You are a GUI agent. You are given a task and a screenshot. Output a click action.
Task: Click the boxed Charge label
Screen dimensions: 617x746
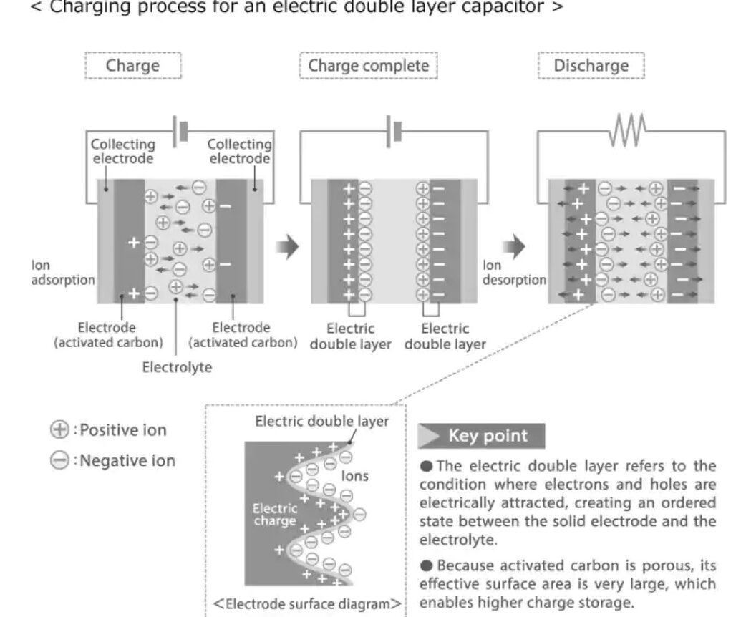pos(132,66)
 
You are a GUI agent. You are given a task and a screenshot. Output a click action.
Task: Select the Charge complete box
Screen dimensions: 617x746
pos(368,66)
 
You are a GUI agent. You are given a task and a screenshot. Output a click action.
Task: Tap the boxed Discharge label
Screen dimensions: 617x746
pos(591,66)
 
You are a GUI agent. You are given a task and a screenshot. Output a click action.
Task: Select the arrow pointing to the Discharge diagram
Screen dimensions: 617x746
pos(513,248)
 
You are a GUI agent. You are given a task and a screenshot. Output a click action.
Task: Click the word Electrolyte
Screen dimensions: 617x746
pos(176,368)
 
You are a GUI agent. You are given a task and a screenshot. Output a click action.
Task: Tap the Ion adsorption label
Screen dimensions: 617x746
pos(62,273)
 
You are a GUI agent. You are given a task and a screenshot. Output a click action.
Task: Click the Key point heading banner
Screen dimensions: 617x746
pos(481,436)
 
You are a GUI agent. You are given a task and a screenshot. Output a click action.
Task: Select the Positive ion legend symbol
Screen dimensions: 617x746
pos(59,430)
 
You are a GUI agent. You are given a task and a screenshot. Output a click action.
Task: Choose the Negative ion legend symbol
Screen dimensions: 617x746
pos(59,460)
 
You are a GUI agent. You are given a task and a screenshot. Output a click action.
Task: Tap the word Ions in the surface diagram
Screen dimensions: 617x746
pos(355,476)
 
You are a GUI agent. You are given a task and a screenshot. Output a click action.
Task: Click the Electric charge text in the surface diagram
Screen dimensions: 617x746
pos(274,515)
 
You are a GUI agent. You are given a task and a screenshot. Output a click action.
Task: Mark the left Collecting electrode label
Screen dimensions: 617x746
pos(122,151)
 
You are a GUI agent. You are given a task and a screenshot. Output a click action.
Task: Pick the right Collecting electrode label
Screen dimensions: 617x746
pos(239,151)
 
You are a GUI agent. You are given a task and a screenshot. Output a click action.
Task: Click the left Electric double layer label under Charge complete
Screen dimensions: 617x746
pos(350,336)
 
